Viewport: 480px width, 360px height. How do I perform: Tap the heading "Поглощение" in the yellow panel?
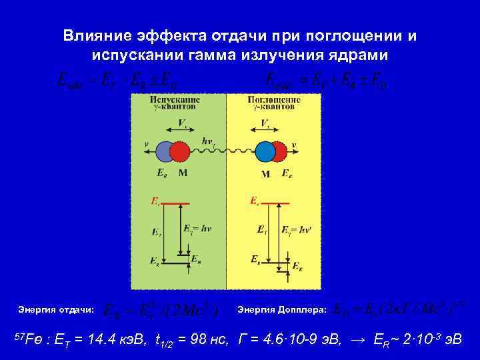point(274,99)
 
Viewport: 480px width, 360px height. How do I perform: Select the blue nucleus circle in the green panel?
point(164,152)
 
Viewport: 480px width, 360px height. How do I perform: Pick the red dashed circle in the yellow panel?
point(281,152)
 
